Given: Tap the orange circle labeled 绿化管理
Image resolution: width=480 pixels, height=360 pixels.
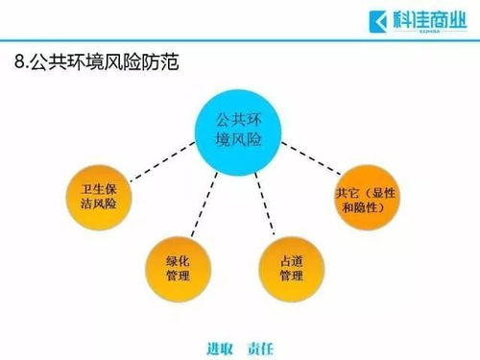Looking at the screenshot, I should click(x=177, y=267).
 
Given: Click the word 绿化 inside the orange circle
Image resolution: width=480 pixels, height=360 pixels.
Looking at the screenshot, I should click(x=177, y=258).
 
